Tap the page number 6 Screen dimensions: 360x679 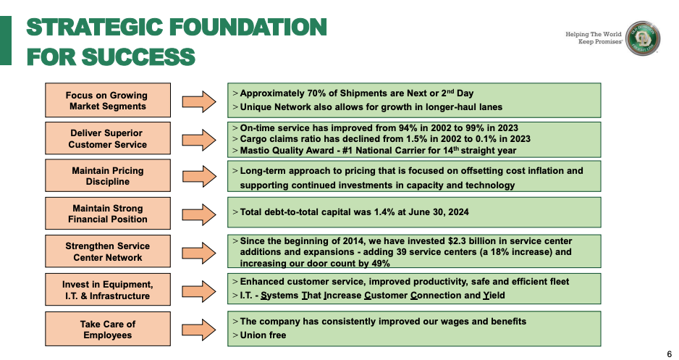(668, 353)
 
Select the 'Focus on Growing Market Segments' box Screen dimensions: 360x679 (108, 101)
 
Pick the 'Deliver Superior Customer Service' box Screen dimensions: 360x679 (108, 138)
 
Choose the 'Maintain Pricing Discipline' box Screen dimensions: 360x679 (108, 176)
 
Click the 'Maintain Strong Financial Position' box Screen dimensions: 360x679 (108, 214)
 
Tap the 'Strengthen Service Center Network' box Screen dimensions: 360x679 (108, 251)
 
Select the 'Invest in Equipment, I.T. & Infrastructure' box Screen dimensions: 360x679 (108, 290)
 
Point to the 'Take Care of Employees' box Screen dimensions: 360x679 (108, 329)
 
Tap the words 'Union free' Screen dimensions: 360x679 (263, 335)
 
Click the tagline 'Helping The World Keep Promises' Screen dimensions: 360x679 (593, 38)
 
